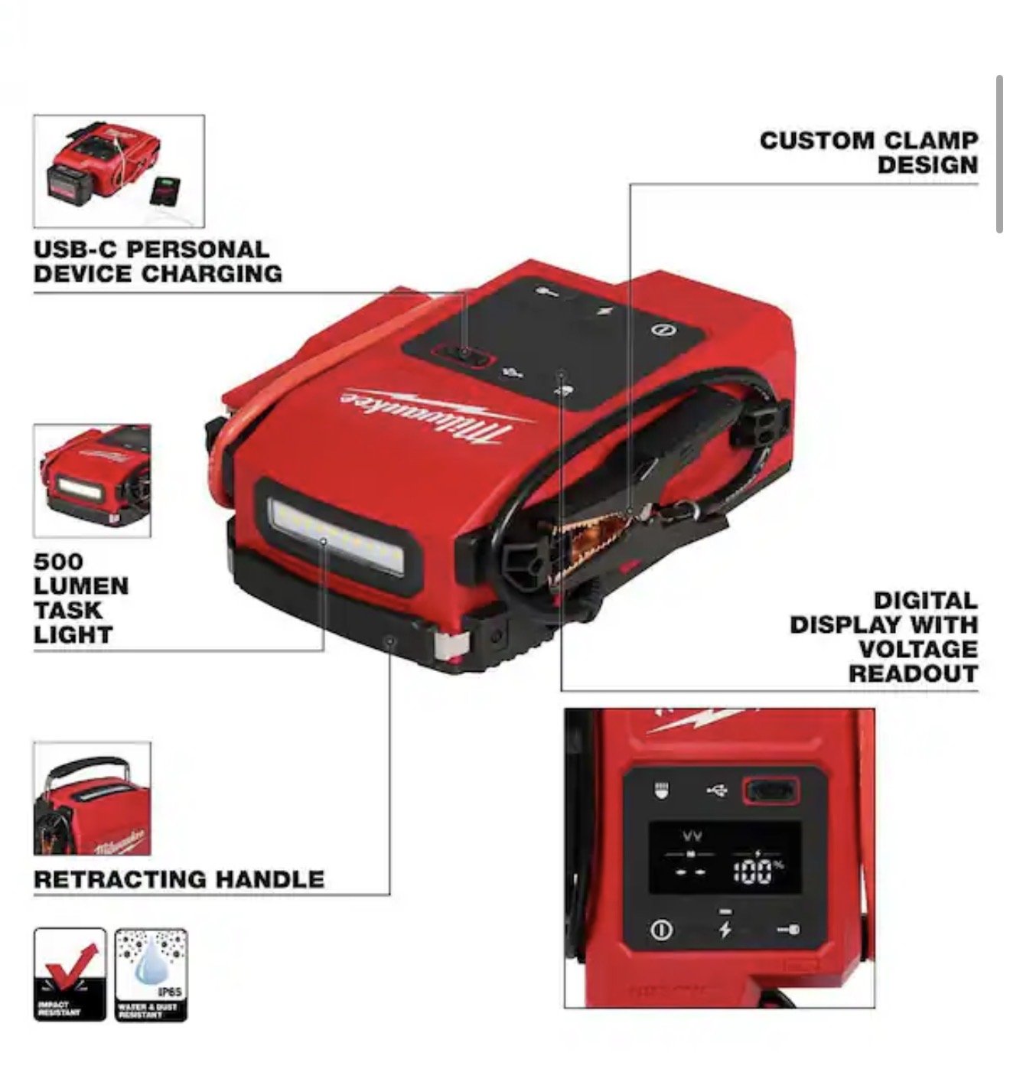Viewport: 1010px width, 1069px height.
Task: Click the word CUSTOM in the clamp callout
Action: click(816, 141)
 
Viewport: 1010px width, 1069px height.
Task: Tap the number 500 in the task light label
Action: click(58, 562)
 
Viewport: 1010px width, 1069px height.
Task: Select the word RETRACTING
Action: click(118, 879)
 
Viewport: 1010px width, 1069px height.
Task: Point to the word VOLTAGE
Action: click(917, 649)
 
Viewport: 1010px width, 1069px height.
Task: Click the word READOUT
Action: click(913, 673)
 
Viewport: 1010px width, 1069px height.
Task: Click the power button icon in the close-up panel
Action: click(661, 930)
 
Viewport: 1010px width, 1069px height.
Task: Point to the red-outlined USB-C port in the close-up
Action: click(771, 790)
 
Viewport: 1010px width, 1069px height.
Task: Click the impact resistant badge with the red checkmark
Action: click(70, 973)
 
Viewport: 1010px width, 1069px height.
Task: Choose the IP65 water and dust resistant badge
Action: click(151, 973)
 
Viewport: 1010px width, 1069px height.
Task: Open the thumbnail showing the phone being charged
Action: click(119, 171)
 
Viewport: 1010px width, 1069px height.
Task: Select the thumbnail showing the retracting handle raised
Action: click(92, 798)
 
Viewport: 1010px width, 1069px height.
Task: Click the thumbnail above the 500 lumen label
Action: click(92, 481)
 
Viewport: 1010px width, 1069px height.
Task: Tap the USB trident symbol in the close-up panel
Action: click(717, 790)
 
